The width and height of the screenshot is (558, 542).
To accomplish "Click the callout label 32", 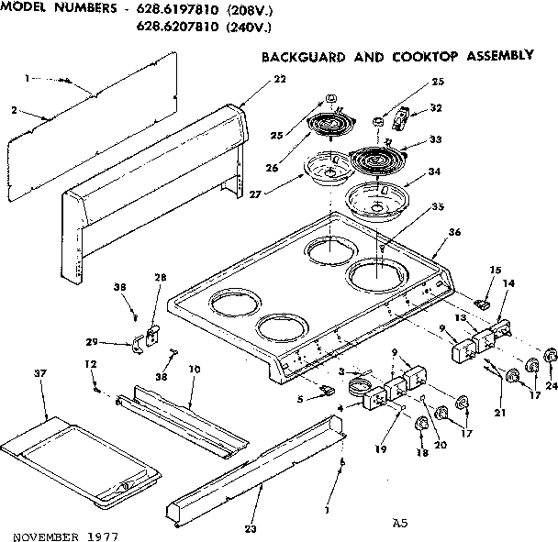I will pos(435,108).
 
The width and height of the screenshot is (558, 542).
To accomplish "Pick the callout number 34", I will pos(434,171).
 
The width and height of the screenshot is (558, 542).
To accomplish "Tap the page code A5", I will pos(398,524).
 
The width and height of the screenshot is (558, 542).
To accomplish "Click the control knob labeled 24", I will pos(551,355).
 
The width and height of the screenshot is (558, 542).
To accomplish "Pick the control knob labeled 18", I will pos(421,425).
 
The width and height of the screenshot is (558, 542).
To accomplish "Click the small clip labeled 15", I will pos(485,299).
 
